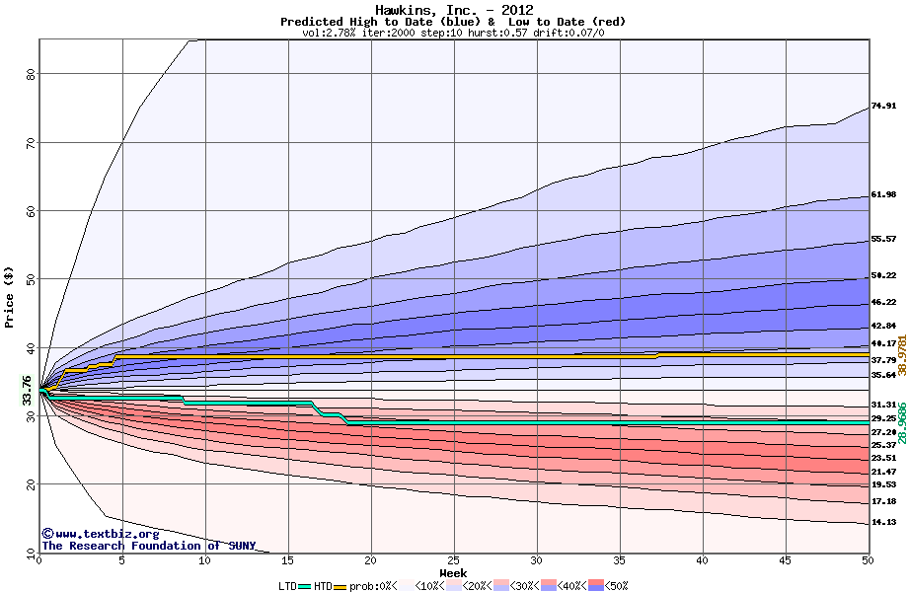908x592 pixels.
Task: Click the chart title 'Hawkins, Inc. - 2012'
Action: (x=454, y=10)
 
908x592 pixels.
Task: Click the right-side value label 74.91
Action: (x=883, y=107)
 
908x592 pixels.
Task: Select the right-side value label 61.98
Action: (x=883, y=195)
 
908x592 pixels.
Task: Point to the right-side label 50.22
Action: (x=883, y=276)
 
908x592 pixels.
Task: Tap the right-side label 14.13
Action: (x=883, y=523)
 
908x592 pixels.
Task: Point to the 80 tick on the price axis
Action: (x=31, y=74)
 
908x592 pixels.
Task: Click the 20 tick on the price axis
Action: (x=31, y=484)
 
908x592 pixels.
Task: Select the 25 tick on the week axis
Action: (x=454, y=560)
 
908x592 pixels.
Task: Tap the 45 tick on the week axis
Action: (x=786, y=560)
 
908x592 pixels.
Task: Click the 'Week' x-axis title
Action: (x=453, y=573)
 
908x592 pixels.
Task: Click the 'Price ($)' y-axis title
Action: (x=10, y=295)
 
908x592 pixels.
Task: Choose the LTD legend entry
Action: (x=287, y=585)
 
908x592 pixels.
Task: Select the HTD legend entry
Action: (x=323, y=585)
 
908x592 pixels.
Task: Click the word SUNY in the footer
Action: (x=240, y=546)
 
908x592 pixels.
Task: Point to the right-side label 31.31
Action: (x=883, y=406)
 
